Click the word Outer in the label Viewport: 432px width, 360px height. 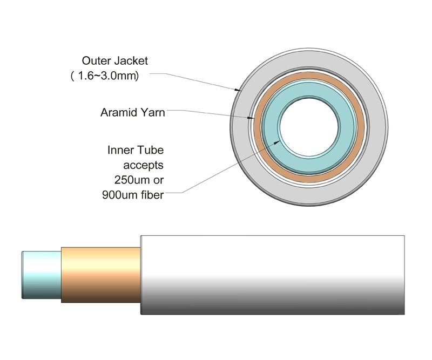pos(96,60)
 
